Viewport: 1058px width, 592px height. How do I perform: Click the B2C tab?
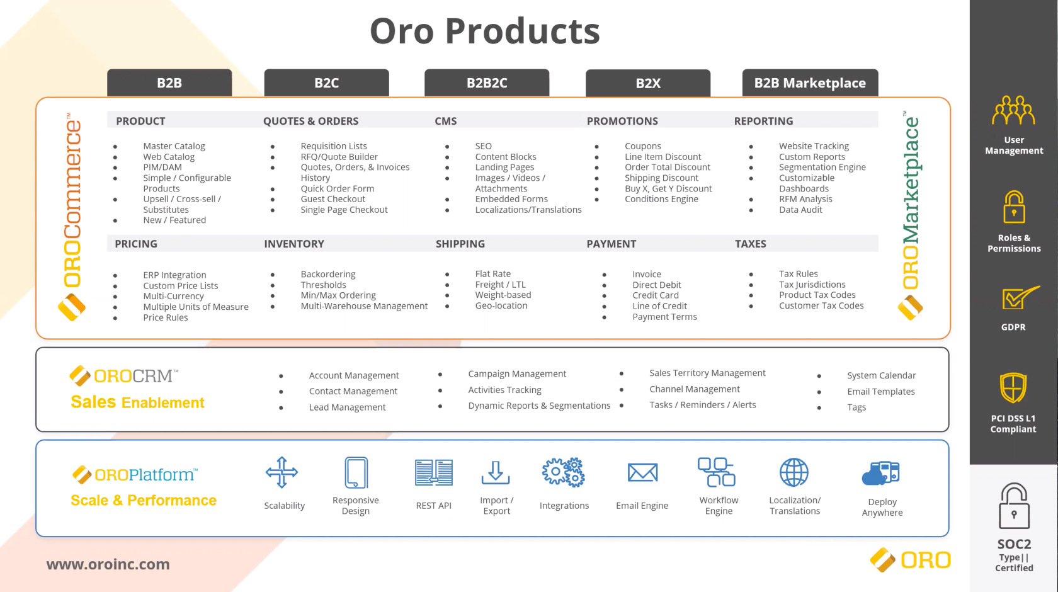coord(326,83)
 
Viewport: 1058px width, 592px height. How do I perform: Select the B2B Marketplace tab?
coord(810,83)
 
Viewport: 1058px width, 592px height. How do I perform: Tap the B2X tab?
coord(648,83)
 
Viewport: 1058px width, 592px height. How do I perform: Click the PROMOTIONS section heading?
coord(622,121)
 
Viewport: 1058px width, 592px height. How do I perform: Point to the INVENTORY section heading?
coord(293,244)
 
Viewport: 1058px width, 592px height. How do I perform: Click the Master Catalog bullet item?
coord(174,146)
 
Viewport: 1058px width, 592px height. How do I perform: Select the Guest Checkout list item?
coord(333,199)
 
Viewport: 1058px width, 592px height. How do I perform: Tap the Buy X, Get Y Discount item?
coord(668,188)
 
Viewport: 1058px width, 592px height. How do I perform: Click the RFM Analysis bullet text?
coord(805,199)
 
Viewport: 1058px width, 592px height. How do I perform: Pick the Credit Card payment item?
coord(655,295)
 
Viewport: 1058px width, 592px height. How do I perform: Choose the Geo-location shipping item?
coord(501,305)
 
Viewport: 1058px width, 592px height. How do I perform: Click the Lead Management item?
coord(347,407)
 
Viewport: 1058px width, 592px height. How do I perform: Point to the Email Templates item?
coord(881,392)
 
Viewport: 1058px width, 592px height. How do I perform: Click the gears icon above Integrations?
coord(564,472)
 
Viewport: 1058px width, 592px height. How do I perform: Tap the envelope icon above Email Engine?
coord(642,472)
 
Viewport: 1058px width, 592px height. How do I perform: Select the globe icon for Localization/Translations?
coord(794,472)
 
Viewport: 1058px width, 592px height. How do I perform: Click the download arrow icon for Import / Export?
coord(496,472)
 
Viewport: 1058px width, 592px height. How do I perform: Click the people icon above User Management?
coord(1014,110)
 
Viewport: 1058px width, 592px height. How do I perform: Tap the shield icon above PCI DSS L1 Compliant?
coord(1013,387)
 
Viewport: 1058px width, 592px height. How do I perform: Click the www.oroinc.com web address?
coord(108,564)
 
